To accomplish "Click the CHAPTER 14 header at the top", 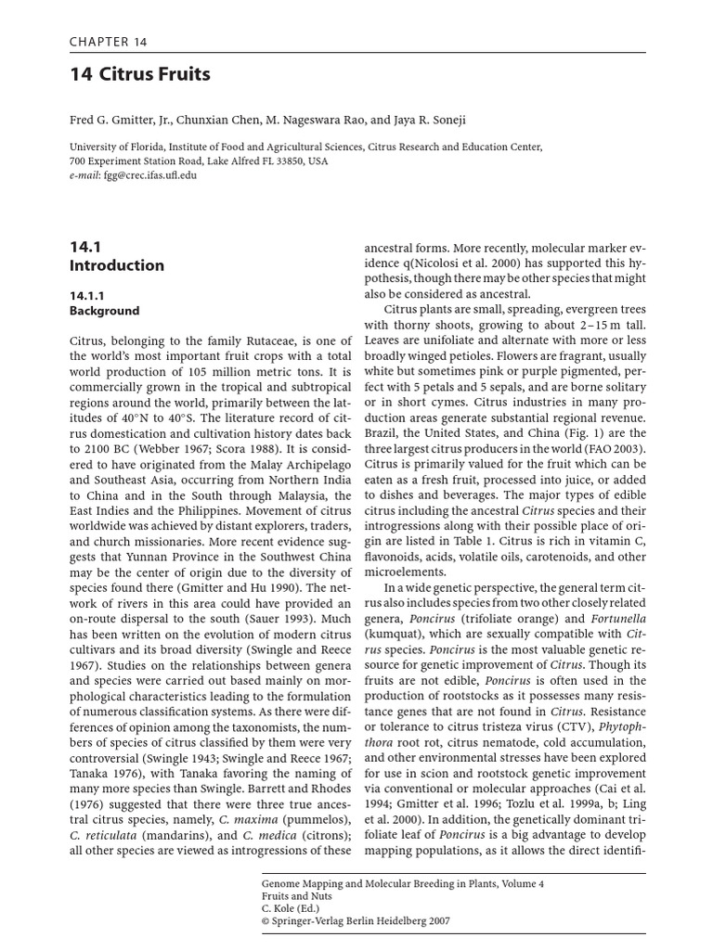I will [x=108, y=42].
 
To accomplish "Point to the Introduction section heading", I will [x=117, y=265].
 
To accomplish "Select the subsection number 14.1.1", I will [x=90, y=295].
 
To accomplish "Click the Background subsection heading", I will [x=104, y=311].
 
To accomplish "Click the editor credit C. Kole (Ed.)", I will [x=288, y=910].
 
